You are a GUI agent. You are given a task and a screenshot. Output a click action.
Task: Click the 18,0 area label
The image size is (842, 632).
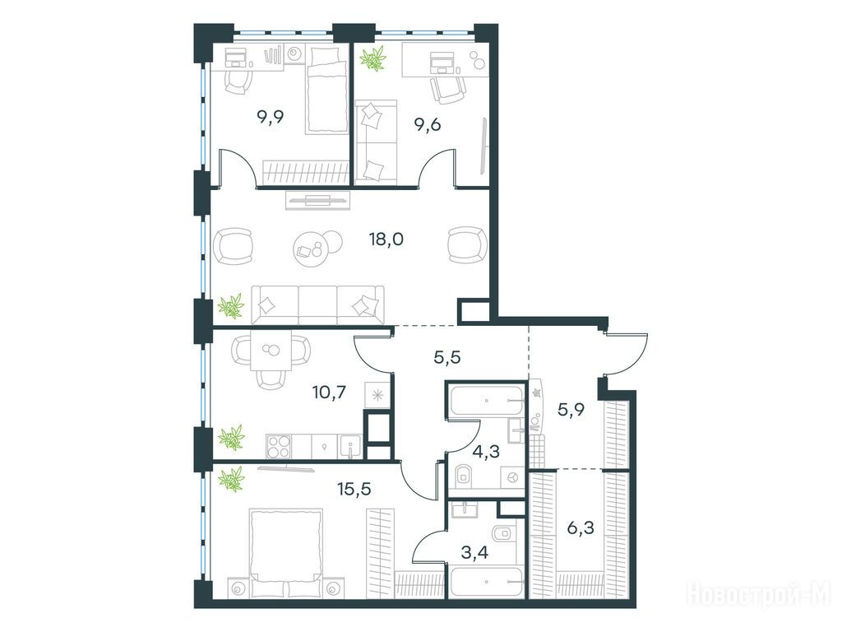[386, 239]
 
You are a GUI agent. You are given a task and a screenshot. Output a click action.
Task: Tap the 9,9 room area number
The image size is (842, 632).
[270, 116]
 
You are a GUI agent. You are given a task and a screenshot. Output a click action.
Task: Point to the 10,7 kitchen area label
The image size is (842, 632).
[329, 393]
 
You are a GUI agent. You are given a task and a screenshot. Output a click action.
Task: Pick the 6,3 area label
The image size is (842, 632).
[581, 529]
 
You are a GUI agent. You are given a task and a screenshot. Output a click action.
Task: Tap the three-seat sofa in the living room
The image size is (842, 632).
[318, 304]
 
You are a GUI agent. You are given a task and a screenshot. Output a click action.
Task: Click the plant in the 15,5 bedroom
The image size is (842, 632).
[232, 479]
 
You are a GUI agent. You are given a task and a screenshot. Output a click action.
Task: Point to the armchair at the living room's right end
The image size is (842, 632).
[467, 245]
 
